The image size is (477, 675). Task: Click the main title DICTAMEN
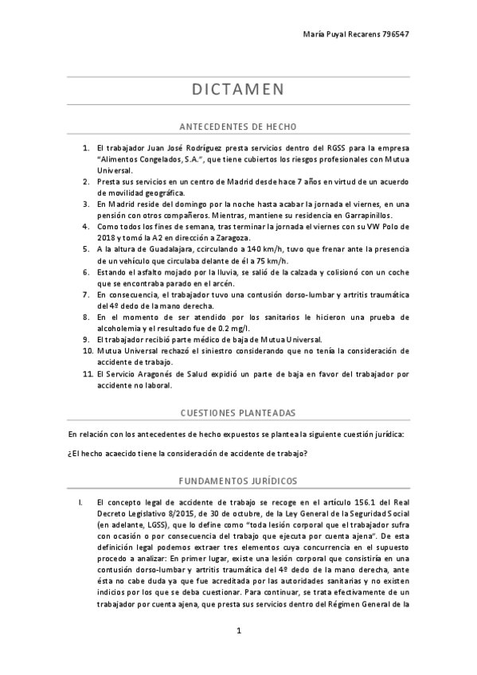pos(238,89)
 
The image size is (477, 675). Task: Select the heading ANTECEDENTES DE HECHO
pos(238,127)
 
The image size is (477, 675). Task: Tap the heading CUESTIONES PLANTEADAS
pos(238,413)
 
